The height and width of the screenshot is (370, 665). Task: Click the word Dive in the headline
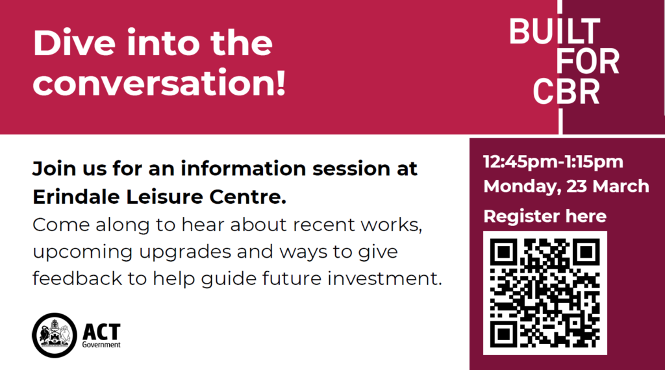click(74, 42)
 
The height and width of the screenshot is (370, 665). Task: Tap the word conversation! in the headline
click(160, 82)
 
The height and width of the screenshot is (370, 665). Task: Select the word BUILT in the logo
click(555, 31)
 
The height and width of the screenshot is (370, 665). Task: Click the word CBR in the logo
click(566, 91)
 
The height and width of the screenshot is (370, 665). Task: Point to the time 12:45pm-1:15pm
click(553, 162)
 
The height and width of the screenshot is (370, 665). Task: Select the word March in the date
click(621, 186)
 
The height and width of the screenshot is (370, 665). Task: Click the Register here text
click(545, 217)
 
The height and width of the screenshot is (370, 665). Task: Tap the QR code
click(545, 293)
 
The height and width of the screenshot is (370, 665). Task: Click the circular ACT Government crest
click(55, 335)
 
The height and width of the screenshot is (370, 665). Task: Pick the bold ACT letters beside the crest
click(101, 332)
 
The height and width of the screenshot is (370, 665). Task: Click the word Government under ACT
click(101, 345)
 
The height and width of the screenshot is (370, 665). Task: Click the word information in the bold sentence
click(243, 169)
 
